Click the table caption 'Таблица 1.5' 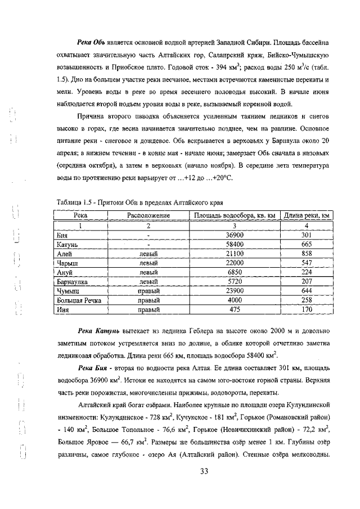click(x=76, y=201)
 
